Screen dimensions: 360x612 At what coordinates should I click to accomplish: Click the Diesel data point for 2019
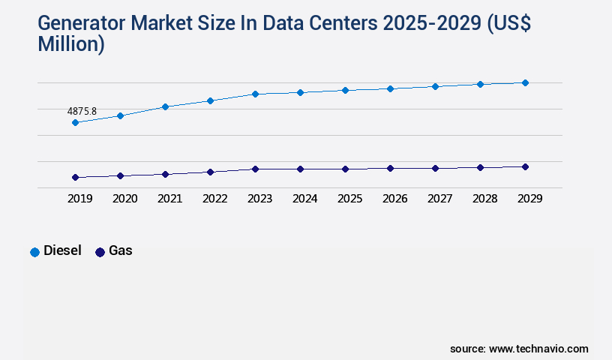(x=75, y=122)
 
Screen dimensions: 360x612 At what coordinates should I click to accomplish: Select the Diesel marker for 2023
(x=255, y=94)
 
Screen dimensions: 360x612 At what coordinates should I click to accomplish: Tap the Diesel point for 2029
(x=525, y=82)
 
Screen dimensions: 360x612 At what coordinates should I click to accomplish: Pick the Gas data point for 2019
(x=75, y=178)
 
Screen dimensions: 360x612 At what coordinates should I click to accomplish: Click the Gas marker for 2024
(x=300, y=169)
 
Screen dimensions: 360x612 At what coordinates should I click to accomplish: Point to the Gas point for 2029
(x=525, y=166)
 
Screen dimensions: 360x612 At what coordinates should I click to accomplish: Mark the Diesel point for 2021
(x=165, y=106)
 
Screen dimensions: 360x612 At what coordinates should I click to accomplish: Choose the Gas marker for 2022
(x=210, y=172)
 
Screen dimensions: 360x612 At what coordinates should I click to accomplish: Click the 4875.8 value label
(x=82, y=111)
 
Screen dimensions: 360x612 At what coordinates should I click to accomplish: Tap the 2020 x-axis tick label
(x=124, y=199)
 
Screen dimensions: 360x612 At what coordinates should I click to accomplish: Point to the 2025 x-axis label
(x=349, y=199)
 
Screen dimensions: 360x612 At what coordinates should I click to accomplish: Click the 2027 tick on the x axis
(x=439, y=199)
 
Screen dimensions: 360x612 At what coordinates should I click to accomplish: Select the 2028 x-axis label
(x=484, y=199)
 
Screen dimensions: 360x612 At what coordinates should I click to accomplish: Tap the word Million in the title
(x=71, y=45)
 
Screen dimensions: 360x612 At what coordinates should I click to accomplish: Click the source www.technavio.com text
(x=519, y=349)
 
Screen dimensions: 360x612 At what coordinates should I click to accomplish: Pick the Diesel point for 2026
(x=390, y=88)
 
